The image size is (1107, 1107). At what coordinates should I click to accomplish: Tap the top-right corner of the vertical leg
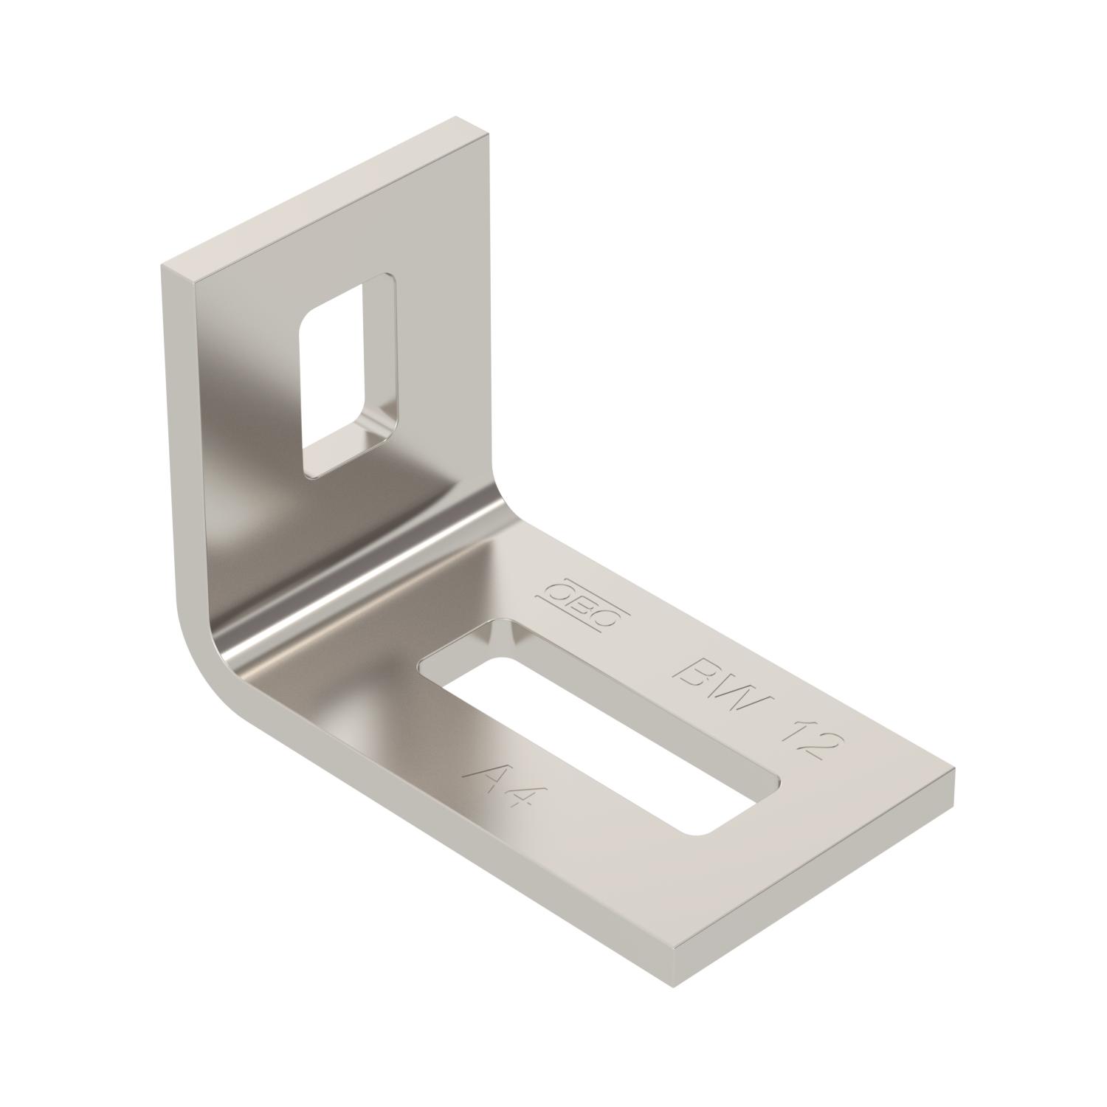point(489,134)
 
